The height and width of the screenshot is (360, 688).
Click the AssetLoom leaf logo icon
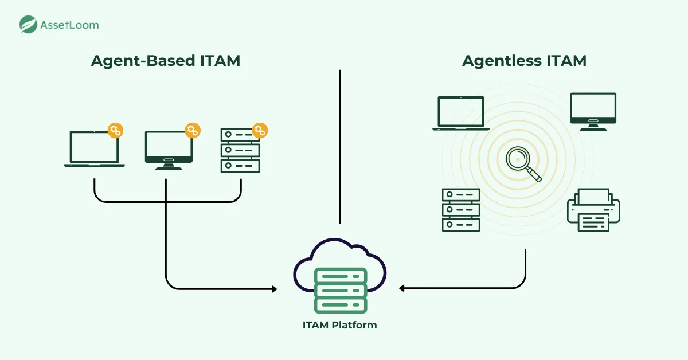pyautogui.click(x=28, y=24)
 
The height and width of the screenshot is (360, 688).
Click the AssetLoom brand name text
pyautogui.click(x=69, y=25)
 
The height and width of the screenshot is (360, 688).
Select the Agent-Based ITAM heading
pyautogui.click(x=166, y=60)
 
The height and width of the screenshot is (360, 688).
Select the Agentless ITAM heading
pyautogui.click(x=524, y=60)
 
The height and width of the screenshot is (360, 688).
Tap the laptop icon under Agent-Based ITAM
pyautogui.click(x=95, y=149)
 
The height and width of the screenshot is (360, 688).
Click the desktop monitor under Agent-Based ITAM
pyautogui.click(x=169, y=150)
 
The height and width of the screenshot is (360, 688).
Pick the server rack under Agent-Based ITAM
pyautogui.click(x=240, y=150)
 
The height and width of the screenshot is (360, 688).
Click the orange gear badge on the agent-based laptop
pyautogui.click(x=115, y=130)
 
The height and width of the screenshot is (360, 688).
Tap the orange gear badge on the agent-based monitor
pyautogui.click(x=193, y=130)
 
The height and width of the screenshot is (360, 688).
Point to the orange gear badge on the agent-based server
pyautogui.click(x=260, y=130)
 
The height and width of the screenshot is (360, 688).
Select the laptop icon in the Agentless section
pyautogui.click(x=460, y=113)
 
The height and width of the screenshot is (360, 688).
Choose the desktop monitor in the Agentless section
pyautogui.click(x=593, y=111)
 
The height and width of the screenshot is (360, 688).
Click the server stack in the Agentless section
pyautogui.click(x=460, y=209)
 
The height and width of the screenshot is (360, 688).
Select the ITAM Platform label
pyautogui.click(x=340, y=325)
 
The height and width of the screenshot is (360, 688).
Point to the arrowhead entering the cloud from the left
pyautogui.click(x=274, y=289)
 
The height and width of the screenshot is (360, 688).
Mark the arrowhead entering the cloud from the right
pyautogui.click(x=402, y=288)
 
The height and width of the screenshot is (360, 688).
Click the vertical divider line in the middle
pyautogui.click(x=340, y=146)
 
